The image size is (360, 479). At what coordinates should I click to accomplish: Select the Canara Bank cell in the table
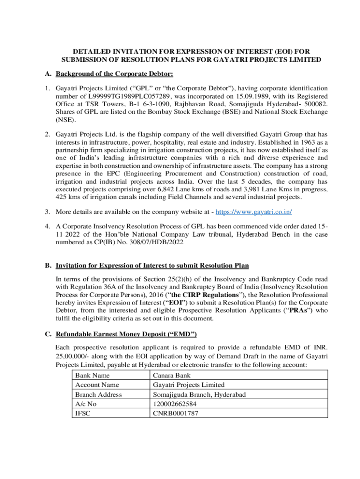point(172,375)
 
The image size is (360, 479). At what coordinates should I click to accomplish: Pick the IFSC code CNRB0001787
point(175,413)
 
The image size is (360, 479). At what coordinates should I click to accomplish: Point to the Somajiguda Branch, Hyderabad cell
point(199,394)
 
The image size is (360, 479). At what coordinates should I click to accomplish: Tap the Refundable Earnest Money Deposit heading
point(126,334)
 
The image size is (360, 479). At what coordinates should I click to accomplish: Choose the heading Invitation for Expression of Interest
point(152,266)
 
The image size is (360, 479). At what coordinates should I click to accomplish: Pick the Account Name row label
point(97,385)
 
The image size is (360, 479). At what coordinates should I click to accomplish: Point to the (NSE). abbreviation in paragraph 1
point(65,119)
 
